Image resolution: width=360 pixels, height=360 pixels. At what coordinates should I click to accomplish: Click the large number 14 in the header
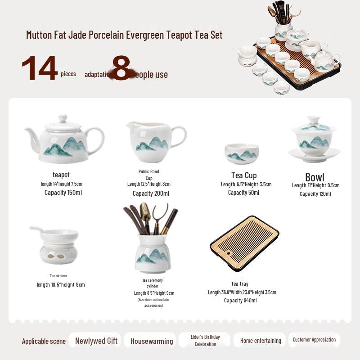[40, 69]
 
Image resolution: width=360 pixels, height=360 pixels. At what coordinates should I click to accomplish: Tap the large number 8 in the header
[121, 68]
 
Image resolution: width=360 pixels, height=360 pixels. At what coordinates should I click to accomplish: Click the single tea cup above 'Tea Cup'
[242, 153]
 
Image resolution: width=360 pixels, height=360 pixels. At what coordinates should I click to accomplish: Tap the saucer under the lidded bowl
[314, 155]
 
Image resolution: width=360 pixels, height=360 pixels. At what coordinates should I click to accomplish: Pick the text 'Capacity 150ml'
[63, 193]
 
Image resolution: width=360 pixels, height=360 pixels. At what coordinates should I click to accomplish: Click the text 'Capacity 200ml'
[151, 193]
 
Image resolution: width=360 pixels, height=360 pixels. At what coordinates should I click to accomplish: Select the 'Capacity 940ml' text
[240, 301]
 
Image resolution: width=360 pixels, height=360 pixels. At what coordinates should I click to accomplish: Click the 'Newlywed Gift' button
[96, 341]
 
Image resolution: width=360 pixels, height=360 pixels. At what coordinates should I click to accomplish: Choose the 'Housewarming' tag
[152, 341]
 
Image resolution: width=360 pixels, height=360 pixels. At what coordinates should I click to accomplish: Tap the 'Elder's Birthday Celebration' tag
[205, 340]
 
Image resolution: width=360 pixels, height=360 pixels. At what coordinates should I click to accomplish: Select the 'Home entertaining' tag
[261, 341]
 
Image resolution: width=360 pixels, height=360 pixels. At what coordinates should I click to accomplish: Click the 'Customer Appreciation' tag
[314, 340]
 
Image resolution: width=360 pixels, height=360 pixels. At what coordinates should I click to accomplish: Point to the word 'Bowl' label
[315, 177]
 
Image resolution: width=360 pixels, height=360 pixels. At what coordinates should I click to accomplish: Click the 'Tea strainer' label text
[58, 275]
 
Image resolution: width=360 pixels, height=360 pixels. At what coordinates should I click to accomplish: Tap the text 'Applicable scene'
[44, 341]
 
